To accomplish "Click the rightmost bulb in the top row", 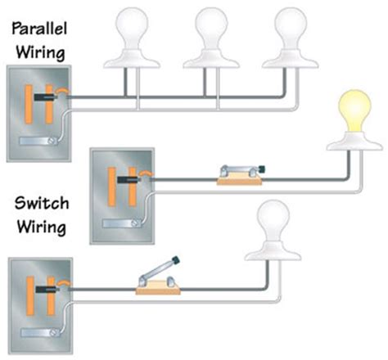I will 292,30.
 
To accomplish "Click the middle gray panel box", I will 120,196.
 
